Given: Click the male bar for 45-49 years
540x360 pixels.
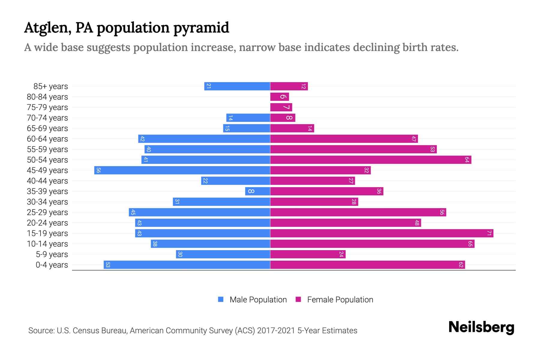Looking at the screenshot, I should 182,170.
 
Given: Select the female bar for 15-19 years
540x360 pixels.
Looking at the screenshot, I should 382,233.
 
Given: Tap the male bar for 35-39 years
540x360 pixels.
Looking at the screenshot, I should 257,191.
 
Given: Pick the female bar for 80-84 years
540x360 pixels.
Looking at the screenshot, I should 279,97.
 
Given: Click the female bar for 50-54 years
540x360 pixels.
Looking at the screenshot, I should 370,160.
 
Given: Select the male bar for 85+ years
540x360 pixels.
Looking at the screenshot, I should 237,86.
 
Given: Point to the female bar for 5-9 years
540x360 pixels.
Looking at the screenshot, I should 308,254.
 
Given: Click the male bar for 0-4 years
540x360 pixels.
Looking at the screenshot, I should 187,265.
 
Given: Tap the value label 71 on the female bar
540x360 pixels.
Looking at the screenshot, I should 489,233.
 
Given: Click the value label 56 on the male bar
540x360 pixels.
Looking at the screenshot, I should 98,170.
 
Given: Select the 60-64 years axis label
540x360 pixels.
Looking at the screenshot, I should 47,139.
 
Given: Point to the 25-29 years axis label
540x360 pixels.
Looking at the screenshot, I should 47,212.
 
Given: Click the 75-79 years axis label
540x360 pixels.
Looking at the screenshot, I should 47,107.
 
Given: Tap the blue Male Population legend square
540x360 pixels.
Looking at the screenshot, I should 221,299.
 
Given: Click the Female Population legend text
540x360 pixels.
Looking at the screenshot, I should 340,300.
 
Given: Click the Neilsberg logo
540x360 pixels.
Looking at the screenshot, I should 481,327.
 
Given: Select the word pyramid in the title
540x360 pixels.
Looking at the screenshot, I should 201,28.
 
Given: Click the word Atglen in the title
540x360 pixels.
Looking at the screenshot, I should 47,28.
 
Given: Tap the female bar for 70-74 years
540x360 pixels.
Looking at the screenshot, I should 283,118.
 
